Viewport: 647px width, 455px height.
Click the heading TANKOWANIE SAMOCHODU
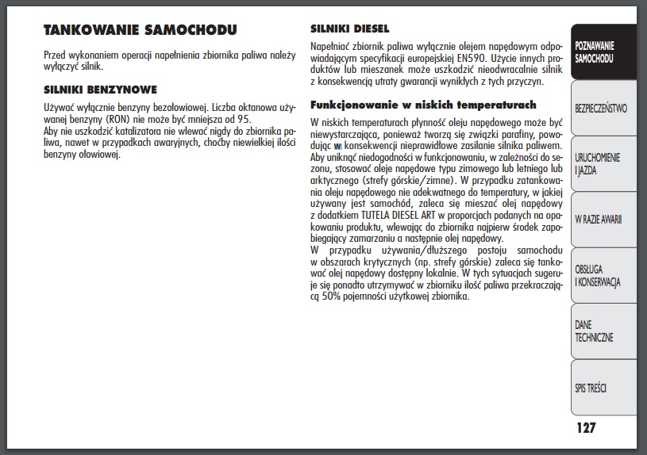coord(139,31)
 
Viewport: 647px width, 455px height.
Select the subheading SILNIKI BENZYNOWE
coord(100,90)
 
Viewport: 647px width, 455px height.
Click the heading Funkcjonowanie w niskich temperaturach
coord(423,105)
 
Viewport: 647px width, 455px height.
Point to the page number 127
coord(586,428)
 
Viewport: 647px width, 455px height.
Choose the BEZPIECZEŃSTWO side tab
coord(601,107)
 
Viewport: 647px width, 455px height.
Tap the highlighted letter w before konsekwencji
coord(337,146)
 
